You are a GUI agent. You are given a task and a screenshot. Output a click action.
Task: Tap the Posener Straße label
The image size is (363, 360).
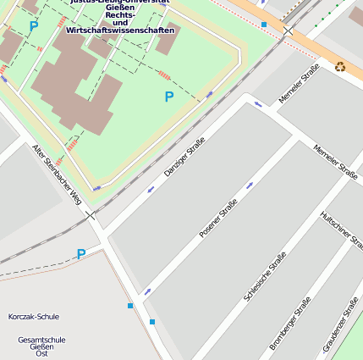pos(217,219)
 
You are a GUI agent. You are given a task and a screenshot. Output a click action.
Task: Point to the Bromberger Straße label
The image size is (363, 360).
pos(290,324)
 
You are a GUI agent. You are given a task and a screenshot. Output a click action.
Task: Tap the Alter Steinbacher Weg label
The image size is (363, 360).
pos(58,174)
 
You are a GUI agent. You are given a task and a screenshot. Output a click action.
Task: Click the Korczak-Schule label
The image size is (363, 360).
pos(34,317)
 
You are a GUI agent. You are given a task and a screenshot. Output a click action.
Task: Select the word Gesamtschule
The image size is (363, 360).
pos(41,340)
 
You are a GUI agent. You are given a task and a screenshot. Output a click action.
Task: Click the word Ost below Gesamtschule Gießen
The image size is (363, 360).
pos(41,353)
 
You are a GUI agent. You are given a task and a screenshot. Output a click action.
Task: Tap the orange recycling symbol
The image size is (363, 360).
pos(340,66)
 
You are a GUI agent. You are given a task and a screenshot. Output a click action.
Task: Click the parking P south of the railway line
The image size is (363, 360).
pos(81,254)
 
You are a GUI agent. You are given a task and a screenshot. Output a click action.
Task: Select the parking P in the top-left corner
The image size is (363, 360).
pos(34,26)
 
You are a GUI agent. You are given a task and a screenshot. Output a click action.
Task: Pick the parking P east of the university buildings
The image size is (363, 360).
pos(169,97)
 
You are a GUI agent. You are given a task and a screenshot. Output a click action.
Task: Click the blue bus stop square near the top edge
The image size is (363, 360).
pos(264,25)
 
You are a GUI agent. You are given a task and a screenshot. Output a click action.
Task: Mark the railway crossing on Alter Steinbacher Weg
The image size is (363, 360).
pos(90,215)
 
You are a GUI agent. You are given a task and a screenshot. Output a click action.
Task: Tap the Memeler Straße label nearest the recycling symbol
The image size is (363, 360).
pos(300,85)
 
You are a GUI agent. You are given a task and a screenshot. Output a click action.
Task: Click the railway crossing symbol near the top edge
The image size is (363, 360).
pos(288,30)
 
